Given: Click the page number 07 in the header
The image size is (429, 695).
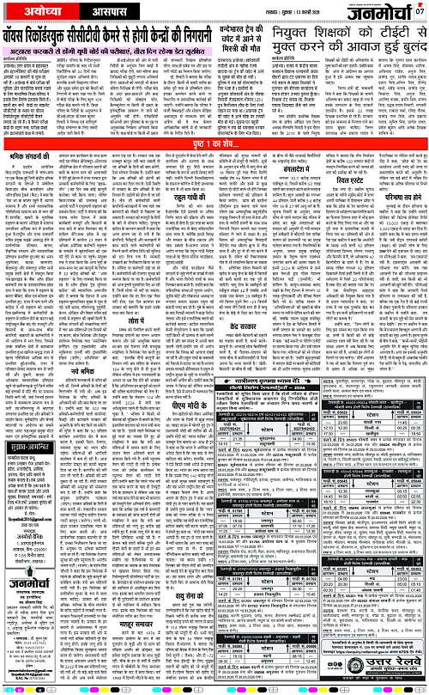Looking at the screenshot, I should (420, 11).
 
